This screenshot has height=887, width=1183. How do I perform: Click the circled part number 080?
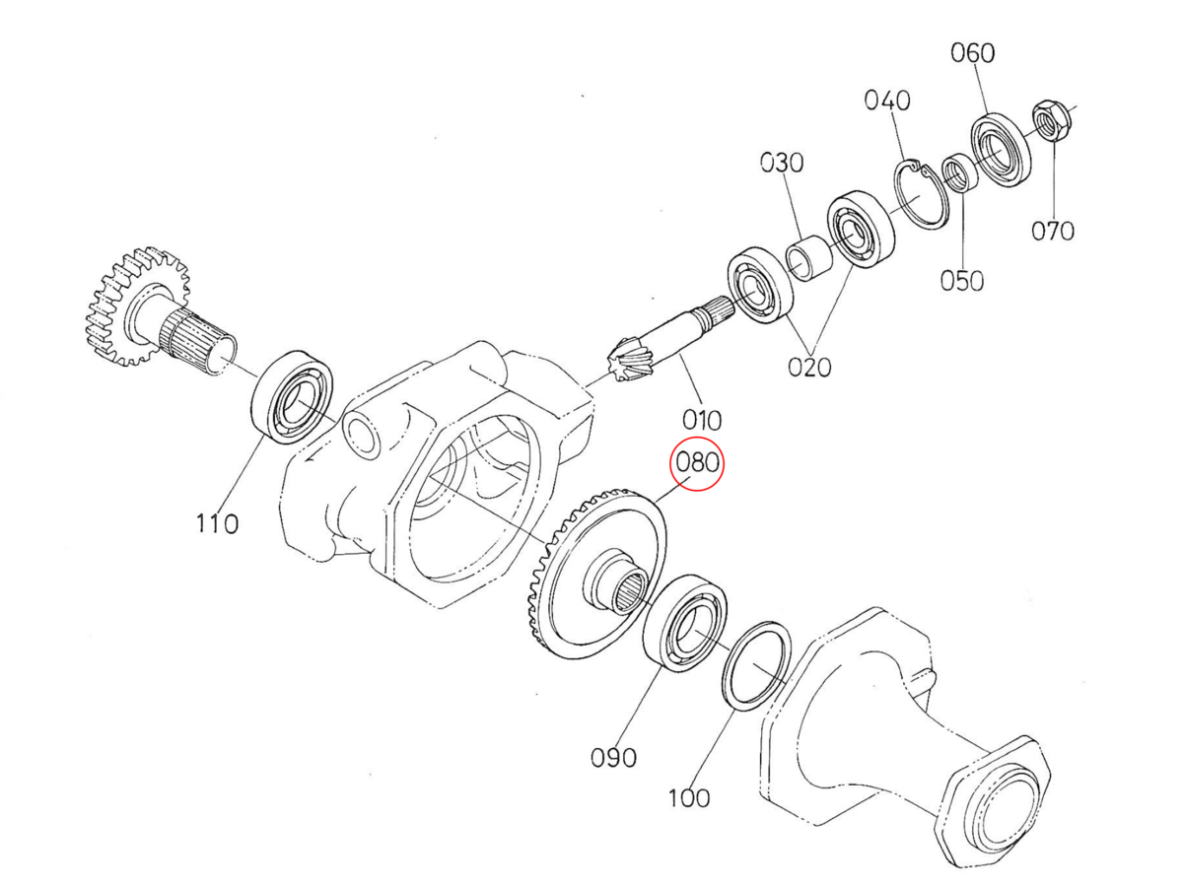point(697,462)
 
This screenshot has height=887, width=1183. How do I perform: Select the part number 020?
point(808,367)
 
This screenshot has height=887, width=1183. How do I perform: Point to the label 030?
point(781,162)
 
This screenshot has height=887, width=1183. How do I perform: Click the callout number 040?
point(887,101)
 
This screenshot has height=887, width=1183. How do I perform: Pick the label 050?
point(961,281)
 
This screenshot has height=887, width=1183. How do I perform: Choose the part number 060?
point(972,52)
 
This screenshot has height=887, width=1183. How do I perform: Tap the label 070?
point(1052,232)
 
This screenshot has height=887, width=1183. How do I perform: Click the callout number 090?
point(613,757)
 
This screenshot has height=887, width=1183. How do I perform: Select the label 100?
point(687,797)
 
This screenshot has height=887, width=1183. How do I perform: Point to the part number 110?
point(216,523)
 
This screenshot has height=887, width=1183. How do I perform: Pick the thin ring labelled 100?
point(756,664)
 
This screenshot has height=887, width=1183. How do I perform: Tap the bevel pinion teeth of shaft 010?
point(627,362)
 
